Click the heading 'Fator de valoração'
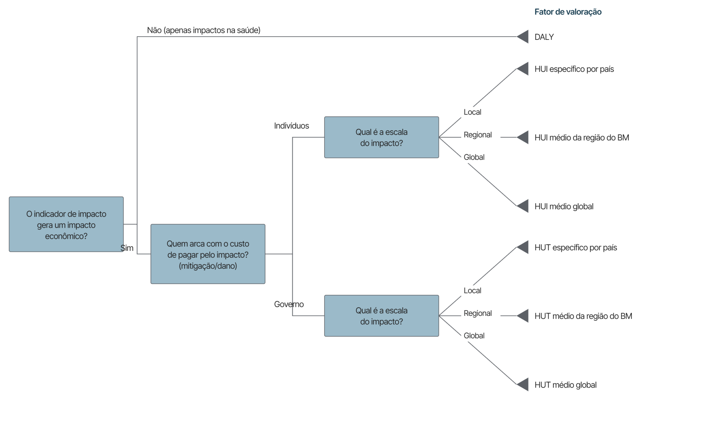point(568,12)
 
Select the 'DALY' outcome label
point(544,37)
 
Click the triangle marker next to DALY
point(522,37)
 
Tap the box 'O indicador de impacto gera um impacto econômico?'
point(66,224)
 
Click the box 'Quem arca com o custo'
point(208,254)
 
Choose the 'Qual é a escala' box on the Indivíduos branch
point(382,137)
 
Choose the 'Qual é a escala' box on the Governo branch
point(382,316)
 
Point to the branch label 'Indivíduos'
point(291,126)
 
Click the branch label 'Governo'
point(289,304)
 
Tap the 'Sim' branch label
point(127,248)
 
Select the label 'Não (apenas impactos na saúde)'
point(204,30)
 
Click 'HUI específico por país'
point(574,69)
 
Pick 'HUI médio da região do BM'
point(582,137)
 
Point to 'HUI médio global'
point(564,206)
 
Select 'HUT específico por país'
point(576,247)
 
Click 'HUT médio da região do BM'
point(583,316)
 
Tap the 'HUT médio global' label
point(565,385)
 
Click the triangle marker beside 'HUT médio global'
point(522,384)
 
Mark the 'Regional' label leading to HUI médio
point(477,135)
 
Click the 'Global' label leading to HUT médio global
point(474,336)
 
